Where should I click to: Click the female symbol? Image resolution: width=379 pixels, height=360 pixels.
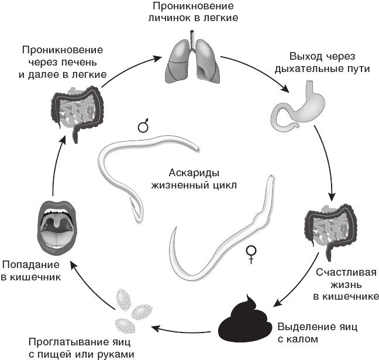[x=252, y=252]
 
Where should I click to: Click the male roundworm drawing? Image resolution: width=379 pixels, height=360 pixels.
[x=140, y=170]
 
